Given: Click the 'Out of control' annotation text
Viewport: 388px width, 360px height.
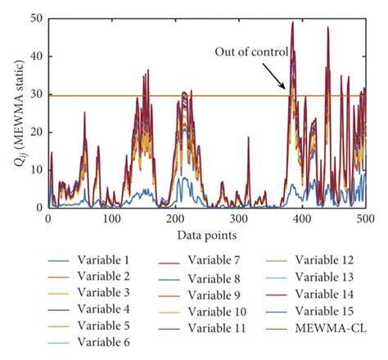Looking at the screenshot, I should point(251,52).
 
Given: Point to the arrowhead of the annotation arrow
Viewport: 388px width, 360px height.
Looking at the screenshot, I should point(286,88).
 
